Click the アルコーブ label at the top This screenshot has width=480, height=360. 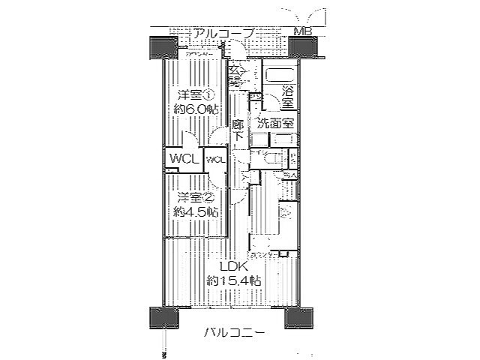tap(223, 33)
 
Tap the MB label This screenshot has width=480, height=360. tap(304, 32)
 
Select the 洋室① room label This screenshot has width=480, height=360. tap(196, 96)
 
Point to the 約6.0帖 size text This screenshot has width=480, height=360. tap(196, 109)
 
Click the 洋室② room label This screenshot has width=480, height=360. tap(196, 198)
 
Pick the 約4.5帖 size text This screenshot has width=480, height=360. tap(196, 212)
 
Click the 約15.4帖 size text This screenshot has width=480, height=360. tap(234, 280)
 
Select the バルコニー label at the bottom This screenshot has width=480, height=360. tap(234, 332)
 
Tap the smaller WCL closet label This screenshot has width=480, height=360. tap(216, 159)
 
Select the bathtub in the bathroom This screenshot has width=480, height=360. tap(280, 76)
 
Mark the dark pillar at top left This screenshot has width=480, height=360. tap(164, 47)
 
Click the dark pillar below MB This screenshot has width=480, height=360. tap(303, 47)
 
